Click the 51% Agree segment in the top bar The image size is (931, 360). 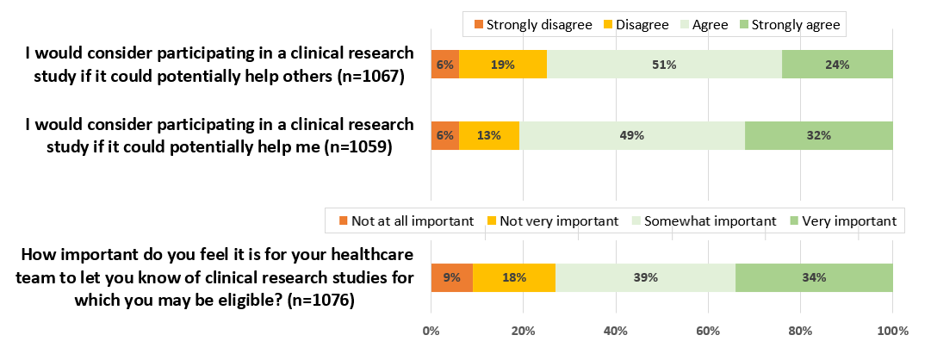click(664, 65)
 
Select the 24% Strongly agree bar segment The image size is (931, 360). click(836, 65)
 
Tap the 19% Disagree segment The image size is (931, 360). click(503, 65)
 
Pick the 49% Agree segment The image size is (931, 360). click(631, 135)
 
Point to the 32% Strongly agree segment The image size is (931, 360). click(818, 135)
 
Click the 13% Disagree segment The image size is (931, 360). click(489, 135)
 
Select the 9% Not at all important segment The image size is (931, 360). click(451, 277)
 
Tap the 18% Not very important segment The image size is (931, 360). click(514, 277)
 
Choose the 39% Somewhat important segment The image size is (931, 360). click(645, 277)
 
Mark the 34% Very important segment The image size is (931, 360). click(813, 277)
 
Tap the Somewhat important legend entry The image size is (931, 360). click(703, 221)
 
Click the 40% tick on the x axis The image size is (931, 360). click(615, 330)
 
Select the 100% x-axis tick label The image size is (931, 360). click(891, 330)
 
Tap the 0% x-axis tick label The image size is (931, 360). click(431, 330)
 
